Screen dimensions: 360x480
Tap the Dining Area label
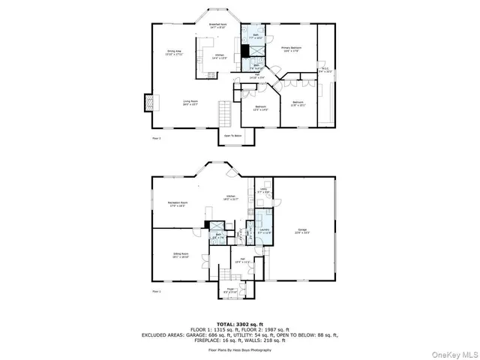coord(174,52)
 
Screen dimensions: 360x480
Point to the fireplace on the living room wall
coord(148,101)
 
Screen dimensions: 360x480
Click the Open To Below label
coord(232,136)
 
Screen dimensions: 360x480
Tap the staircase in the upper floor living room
coord(223,115)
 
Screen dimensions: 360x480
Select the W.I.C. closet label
coord(325,71)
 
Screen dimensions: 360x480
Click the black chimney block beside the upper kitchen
coord(244,52)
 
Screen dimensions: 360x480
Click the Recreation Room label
coord(177,204)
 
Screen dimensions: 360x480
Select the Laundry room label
coord(263,232)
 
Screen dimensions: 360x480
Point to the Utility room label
coord(263,190)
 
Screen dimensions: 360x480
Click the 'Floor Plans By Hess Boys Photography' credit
coord(240,350)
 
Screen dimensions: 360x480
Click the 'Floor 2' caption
coord(156,138)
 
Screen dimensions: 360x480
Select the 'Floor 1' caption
coord(156,290)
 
